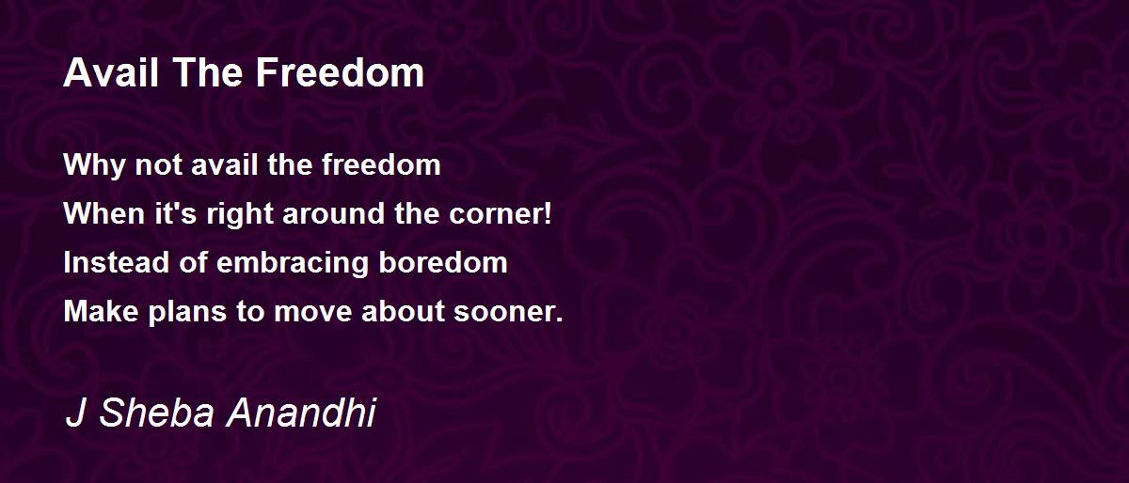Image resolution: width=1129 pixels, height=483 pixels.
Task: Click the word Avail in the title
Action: coord(111,73)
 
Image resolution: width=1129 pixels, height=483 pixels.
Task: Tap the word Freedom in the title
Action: coord(340,73)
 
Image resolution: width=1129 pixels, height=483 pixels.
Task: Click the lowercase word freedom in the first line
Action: coord(381,164)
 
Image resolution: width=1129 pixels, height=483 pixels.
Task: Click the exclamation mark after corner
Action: coord(548,213)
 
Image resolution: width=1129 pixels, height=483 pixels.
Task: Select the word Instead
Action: coord(116,262)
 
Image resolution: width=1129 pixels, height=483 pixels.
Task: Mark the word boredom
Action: coord(443,262)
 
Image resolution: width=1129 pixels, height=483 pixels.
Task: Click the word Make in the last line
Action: coord(101,311)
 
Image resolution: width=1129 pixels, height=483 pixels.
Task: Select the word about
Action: coord(404,311)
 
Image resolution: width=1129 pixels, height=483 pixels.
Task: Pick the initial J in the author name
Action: coord(75,413)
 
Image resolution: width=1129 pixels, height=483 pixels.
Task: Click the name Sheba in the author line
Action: coord(157,413)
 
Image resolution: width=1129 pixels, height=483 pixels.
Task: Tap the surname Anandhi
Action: coord(301,413)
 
